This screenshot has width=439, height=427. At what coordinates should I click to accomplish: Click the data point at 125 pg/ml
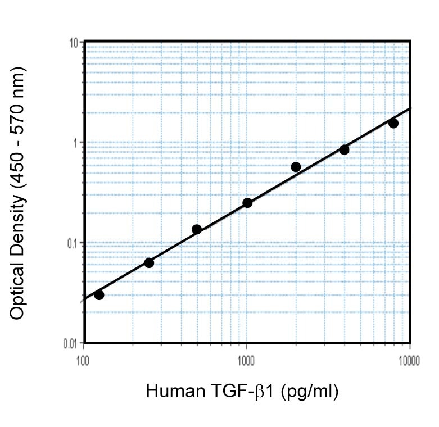[99, 295]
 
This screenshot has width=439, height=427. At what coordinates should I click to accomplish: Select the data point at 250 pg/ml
[149, 263]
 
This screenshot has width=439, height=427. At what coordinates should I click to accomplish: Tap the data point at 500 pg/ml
[197, 229]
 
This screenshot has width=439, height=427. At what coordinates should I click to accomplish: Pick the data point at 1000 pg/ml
[247, 203]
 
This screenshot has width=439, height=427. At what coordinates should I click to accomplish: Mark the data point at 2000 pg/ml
[296, 167]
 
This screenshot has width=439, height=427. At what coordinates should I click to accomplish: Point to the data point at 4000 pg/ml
[344, 150]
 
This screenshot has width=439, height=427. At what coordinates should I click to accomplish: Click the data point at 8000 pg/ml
[393, 123]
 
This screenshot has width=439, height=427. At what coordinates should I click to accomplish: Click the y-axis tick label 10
[72, 43]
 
